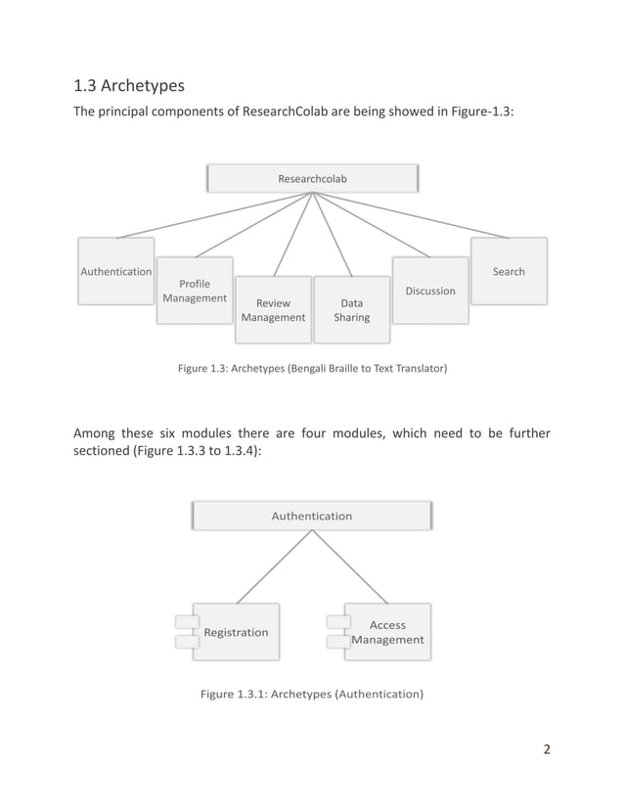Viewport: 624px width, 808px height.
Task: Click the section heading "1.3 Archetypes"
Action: tap(129, 86)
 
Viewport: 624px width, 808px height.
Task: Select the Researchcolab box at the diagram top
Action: tap(312, 179)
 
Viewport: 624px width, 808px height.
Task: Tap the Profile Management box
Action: tap(195, 291)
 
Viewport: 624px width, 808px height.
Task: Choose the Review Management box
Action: tap(273, 310)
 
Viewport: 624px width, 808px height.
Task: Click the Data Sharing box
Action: tap(351, 310)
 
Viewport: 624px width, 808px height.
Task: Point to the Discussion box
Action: tap(430, 291)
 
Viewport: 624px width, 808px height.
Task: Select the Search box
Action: tap(509, 271)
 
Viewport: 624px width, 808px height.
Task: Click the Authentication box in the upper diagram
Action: tap(115, 271)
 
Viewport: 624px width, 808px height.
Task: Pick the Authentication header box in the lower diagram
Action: tap(312, 516)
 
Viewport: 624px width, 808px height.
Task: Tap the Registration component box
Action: tap(236, 632)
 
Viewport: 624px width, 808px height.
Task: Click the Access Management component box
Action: tap(388, 632)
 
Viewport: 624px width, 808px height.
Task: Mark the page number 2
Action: tap(547, 750)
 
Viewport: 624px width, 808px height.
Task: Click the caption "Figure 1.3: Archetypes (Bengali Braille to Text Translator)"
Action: tap(312, 369)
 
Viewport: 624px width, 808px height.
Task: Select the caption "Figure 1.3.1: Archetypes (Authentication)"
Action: tap(312, 694)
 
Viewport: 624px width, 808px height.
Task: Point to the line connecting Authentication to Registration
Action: tap(274, 567)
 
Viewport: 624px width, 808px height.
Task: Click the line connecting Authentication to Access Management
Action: tap(350, 567)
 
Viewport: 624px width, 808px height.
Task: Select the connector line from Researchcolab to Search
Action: tap(411, 215)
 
